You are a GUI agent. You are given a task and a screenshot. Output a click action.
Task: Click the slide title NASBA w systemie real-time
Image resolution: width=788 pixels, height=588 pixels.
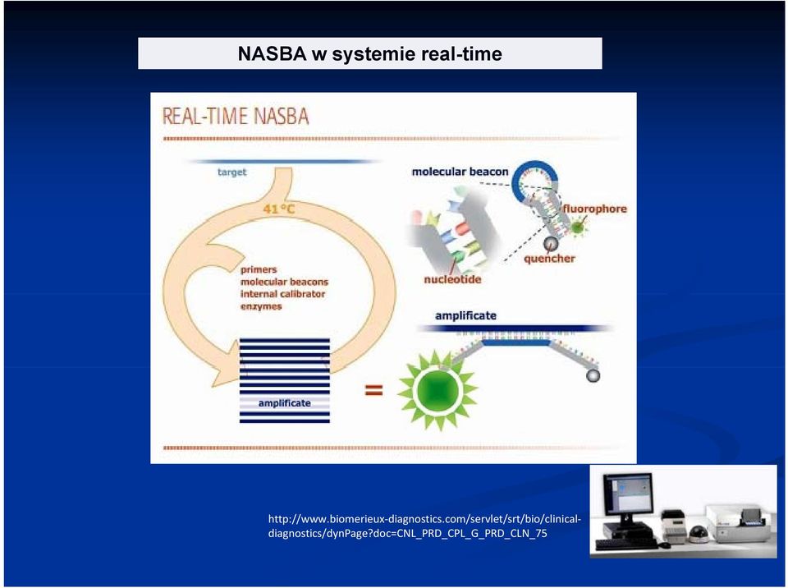(x=370, y=54)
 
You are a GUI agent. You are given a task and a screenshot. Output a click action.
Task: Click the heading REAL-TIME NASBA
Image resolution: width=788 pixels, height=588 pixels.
(x=236, y=116)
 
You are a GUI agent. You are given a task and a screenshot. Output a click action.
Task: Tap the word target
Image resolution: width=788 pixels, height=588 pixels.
(x=232, y=172)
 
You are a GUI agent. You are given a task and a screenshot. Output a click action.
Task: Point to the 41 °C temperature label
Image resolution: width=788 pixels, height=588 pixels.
(x=279, y=208)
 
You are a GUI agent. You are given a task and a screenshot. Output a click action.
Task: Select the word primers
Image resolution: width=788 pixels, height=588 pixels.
(x=259, y=269)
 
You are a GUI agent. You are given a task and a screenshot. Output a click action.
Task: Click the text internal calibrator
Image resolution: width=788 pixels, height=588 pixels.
(x=282, y=294)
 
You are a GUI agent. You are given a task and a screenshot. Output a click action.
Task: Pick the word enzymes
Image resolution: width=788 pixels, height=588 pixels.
(x=261, y=306)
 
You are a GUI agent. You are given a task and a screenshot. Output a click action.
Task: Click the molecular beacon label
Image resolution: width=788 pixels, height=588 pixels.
(x=460, y=172)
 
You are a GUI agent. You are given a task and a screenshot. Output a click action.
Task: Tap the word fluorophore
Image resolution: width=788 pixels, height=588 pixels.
(x=594, y=209)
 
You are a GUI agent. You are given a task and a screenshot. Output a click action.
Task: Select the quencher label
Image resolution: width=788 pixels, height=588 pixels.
(x=549, y=259)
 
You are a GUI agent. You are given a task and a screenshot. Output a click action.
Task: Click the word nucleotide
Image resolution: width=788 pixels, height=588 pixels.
(x=452, y=279)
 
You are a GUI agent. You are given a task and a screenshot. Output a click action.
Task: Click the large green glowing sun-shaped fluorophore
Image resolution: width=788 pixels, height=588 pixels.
(x=438, y=389)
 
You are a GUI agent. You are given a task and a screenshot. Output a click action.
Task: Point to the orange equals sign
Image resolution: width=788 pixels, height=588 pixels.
(x=373, y=390)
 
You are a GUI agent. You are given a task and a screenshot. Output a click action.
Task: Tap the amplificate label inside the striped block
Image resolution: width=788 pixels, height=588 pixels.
(x=285, y=403)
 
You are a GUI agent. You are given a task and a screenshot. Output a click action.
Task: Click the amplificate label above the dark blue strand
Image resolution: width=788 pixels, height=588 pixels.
(x=465, y=316)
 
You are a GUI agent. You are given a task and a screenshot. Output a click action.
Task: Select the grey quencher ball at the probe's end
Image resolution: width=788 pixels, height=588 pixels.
(x=593, y=375)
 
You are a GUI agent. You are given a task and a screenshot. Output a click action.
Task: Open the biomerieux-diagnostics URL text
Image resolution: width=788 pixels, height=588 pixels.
(x=424, y=526)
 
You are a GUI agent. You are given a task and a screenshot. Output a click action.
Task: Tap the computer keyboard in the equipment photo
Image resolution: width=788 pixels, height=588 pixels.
(x=626, y=544)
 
